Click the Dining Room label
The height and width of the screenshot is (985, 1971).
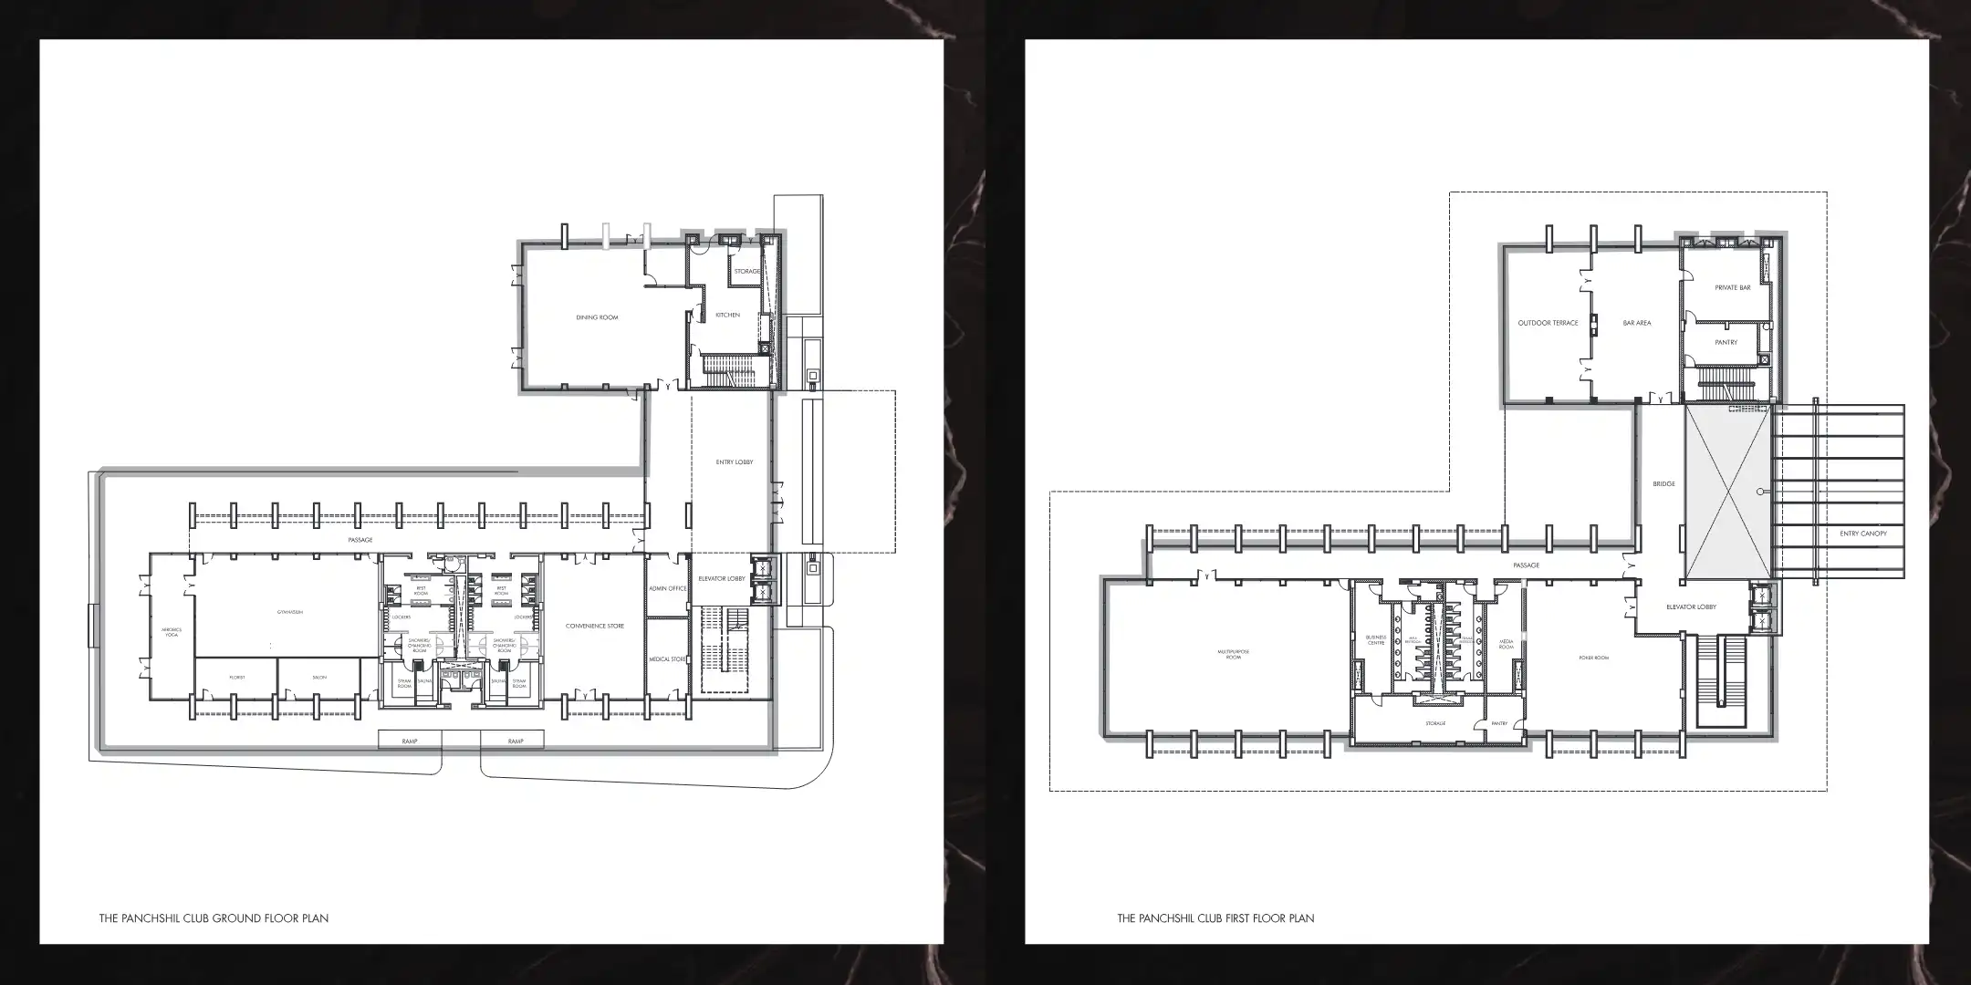pos(597,317)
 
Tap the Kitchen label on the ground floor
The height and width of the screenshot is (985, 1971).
pos(727,315)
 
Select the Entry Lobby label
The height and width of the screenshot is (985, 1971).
pos(735,462)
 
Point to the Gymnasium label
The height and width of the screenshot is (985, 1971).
pos(290,612)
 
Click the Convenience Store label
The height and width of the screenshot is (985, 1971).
pos(595,626)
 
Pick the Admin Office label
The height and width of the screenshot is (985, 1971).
pos(667,589)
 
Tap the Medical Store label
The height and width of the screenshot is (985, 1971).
pos(667,658)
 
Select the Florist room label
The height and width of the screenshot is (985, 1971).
pos(237,678)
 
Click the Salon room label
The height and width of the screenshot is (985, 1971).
pos(319,678)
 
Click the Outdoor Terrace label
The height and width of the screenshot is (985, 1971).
pos(1548,323)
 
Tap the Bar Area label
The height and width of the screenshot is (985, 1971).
pos(1637,323)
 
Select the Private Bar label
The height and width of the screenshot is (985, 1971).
pos(1733,288)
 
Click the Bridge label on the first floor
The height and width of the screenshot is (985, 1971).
pos(1663,484)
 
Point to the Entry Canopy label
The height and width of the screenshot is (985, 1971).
pos(1863,534)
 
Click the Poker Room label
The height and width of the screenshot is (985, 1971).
pos(1593,658)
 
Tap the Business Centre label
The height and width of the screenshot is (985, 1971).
pos(1376,640)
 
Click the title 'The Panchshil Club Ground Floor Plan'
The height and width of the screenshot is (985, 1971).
pos(214,918)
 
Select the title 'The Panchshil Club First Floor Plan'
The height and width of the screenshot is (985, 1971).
pos(1215,918)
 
